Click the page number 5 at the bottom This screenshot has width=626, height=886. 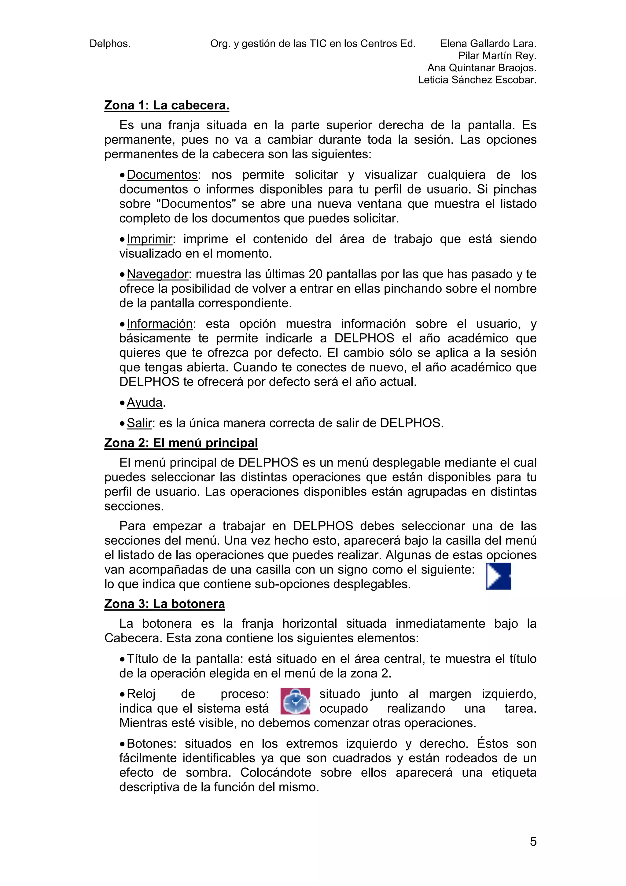[533, 841]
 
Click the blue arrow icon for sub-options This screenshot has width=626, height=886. [498, 576]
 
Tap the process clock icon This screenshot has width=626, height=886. [295, 701]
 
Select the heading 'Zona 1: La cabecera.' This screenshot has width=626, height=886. [167, 105]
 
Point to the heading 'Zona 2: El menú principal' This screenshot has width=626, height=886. [181, 443]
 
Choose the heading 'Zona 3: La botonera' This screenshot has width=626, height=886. [164, 604]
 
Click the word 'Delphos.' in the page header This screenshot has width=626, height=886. [110, 44]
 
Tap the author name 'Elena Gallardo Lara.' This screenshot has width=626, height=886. [488, 44]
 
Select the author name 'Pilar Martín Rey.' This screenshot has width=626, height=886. [497, 56]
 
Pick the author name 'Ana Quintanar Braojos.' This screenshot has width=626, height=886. [482, 68]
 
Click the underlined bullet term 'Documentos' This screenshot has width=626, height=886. [162, 175]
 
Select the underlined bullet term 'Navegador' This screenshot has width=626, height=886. [157, 274]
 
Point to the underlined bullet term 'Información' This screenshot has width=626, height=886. [160, 324]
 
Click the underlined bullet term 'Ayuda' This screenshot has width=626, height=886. [145, 402]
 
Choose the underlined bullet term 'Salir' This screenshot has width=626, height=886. [139, 423]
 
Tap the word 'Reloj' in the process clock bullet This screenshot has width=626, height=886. [141, 694]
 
